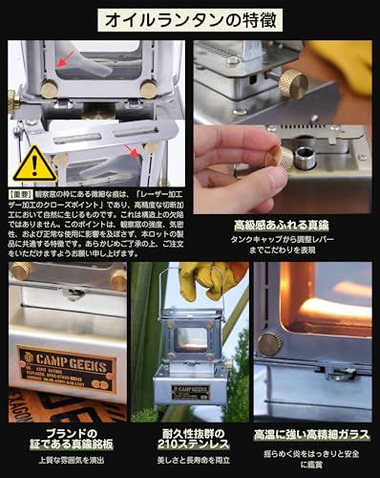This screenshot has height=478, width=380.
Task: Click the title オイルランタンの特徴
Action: tap(189, 18)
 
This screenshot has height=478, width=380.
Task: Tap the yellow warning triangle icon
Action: tap(34, 163)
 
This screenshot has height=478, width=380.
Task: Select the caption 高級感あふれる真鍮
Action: tap(285, 226)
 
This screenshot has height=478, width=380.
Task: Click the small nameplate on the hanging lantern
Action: tap(190, 390)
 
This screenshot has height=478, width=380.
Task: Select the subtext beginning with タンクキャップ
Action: tap(285, 243)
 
